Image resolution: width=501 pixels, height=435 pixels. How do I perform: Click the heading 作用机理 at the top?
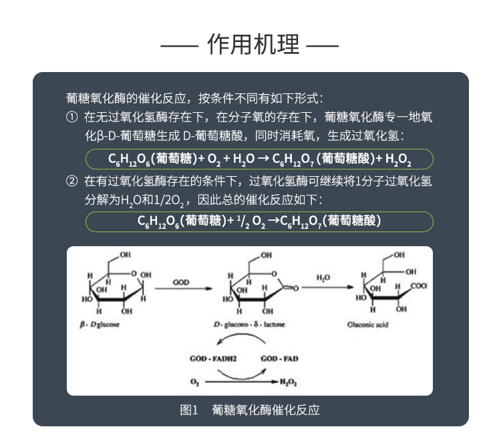(250, 45)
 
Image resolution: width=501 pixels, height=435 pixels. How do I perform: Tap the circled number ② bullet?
(72, 181)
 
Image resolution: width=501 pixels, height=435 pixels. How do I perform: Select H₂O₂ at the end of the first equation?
(398, 159)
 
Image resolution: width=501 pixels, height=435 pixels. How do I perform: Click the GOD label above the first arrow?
(181, 282)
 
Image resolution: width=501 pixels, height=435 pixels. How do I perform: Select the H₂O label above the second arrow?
(323, 278)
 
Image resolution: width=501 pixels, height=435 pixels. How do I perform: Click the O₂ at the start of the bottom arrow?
(194, 382)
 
